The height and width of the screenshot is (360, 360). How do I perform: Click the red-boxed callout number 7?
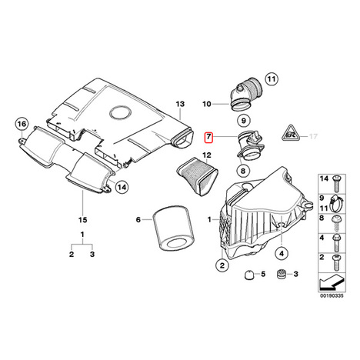pos(208,137)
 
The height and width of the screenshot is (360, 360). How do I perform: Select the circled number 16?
pos(22,124)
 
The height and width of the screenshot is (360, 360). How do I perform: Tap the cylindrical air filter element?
pos(172,227)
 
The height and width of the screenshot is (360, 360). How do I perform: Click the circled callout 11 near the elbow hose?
pos(272,79)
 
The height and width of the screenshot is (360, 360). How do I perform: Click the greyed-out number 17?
pos(313,136)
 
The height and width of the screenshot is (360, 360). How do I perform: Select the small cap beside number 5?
pos(248,275)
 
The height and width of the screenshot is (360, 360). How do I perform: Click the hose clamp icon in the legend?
pos(337,203)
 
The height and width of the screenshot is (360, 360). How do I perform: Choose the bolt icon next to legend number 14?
pos(336,183)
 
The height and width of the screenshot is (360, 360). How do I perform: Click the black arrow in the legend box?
pos(332,282)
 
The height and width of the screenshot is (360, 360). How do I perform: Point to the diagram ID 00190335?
pos(332,295)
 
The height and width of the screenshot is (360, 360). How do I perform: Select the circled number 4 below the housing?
pos(282,254)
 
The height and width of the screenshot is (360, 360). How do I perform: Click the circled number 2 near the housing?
pos(222,265)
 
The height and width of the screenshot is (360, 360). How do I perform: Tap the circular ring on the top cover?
pos(121,113)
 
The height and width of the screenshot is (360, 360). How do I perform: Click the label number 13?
pos(180,104)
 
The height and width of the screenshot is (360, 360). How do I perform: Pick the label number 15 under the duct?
pos(83,220)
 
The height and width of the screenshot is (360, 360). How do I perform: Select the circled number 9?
pos(243,120)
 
